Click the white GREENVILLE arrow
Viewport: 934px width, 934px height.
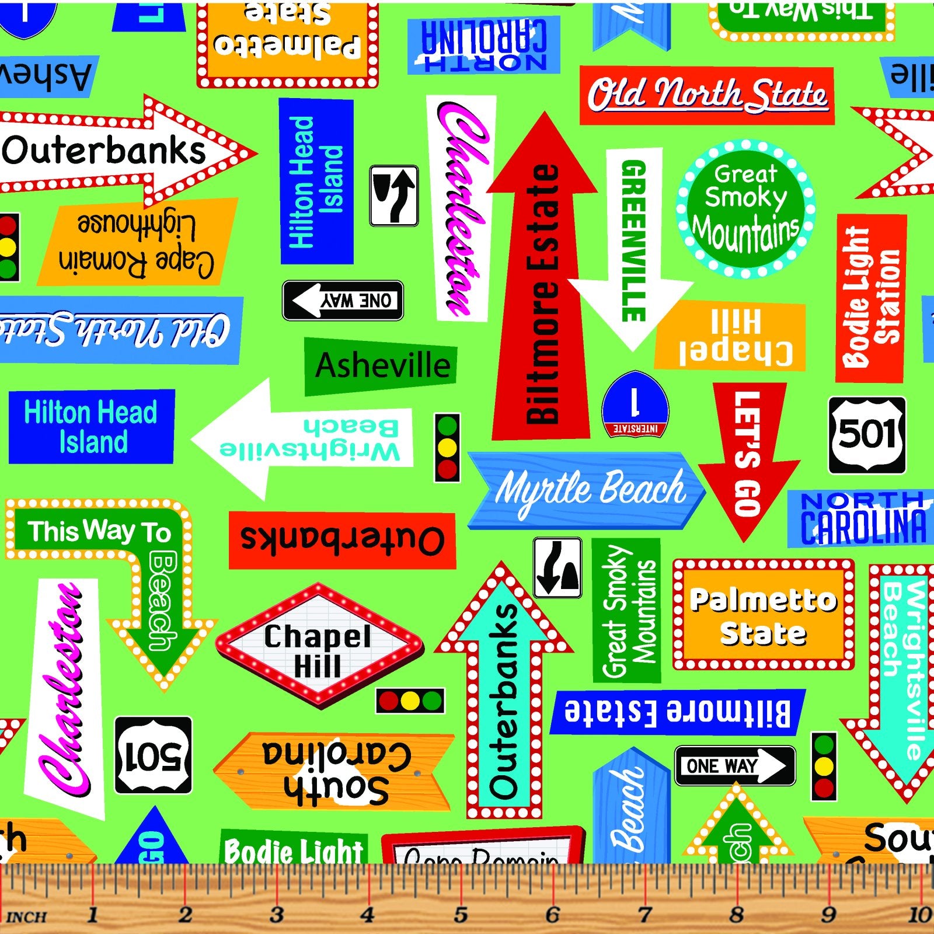[x=633, y=245]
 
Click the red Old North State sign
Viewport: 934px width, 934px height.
[x=706, y=96]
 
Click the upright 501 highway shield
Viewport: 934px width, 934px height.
[x=867, y=435]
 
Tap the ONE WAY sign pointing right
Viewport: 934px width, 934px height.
[x=734, y=765]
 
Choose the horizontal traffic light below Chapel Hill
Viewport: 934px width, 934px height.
[x=410, y=700]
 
